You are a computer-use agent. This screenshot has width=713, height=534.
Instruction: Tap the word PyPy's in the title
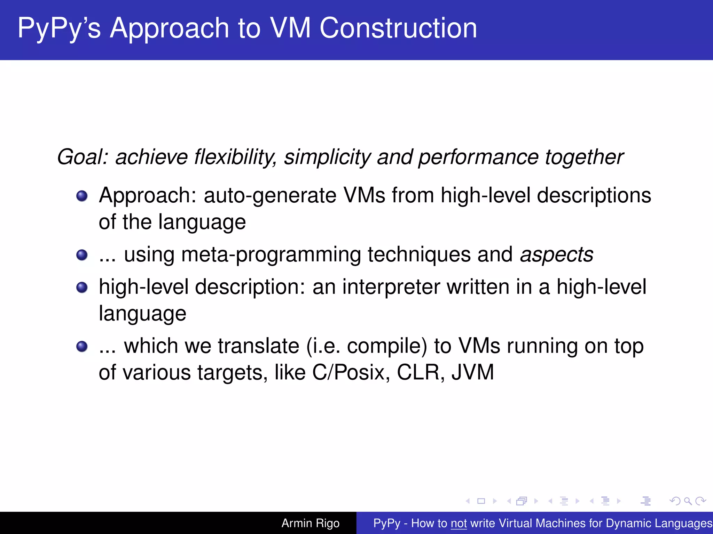click(59, 29)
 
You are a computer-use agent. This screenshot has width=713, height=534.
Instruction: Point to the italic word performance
click(478, 157)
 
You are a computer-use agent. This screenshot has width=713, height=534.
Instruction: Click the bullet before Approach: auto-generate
click(82, 196)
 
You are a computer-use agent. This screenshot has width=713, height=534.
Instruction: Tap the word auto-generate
click(270, 196)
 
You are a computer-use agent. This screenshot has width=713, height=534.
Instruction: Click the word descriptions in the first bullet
click(594, 196)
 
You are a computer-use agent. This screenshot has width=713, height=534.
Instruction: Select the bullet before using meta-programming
click(82, 255)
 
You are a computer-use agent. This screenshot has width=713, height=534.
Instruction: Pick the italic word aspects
click(556, 255)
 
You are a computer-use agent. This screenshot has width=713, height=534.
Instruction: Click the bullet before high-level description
click(82, 288)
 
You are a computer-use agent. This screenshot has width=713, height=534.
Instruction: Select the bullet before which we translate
click(82, 346)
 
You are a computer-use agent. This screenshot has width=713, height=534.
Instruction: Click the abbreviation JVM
click(472, 373)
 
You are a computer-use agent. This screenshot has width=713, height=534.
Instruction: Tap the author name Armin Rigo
click(310, 523)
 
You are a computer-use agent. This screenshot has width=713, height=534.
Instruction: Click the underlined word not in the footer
click(459, 523)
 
